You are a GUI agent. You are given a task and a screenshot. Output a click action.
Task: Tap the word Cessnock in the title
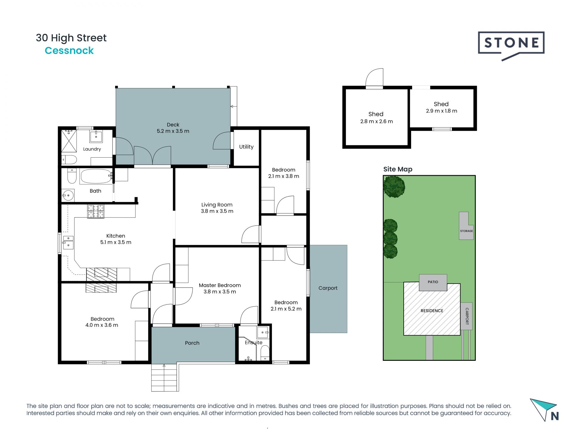point(69,51)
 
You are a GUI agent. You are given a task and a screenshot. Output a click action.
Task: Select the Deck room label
point(173,125)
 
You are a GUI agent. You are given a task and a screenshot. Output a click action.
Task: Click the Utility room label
point(246,147)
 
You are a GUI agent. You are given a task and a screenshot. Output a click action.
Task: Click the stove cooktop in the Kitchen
point(96,211)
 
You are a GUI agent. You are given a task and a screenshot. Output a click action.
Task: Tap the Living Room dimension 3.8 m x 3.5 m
point(217,211)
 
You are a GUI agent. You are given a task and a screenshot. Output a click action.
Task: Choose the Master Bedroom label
point(220,285)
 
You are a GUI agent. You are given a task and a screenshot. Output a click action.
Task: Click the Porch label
point(192,343)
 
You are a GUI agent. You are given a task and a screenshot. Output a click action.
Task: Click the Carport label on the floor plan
point(328,288)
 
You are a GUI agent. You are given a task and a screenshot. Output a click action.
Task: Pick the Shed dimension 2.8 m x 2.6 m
point(377,122)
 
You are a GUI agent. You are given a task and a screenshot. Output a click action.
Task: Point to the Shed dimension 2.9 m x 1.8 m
point(442,111)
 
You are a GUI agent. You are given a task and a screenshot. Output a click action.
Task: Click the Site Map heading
point(398,169)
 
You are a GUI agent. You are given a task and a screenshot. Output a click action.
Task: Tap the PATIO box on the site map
point(433,282)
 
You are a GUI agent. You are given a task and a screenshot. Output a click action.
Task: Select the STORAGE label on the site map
point(467,231)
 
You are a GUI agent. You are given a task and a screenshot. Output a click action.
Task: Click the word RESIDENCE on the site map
point(432,311)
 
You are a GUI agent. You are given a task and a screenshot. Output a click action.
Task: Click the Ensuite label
point(254,343)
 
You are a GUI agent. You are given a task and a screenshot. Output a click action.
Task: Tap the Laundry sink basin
point(96,136)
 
